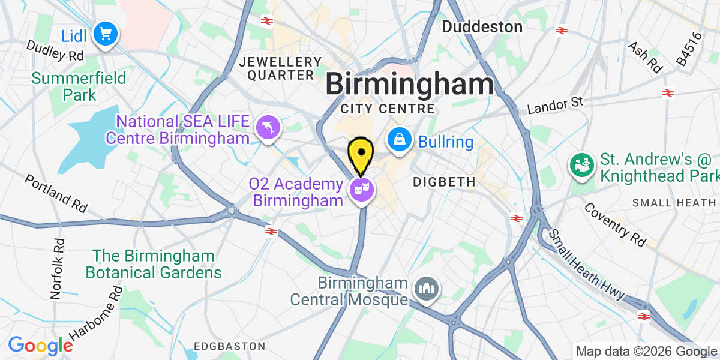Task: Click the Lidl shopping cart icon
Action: [106, 34]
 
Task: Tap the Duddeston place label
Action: [482, 26]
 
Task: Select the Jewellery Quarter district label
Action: [281, 68]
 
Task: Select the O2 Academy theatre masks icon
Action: [362, 190]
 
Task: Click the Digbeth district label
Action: [444, 181]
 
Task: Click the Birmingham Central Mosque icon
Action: [427, 289]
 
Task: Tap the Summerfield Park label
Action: [79, 86]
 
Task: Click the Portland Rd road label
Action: [56, 194]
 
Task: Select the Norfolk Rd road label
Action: [58, 269]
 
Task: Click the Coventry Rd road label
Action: [614, 225]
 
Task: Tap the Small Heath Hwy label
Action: [588, 264]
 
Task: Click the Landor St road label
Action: [555, 106]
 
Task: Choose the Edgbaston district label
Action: [230, 346]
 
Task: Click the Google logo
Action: [40, 345]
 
